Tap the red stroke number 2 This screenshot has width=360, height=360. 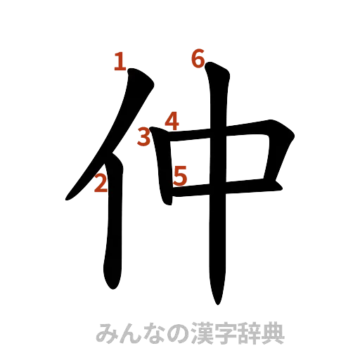coord(100,184)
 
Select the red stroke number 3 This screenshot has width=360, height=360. coord(143,136)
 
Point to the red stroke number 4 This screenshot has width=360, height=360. coord(172,121)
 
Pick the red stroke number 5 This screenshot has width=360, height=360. coord(180,175)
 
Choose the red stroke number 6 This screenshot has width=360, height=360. coord(198,60)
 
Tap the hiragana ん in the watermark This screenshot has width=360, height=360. coord(131,333)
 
